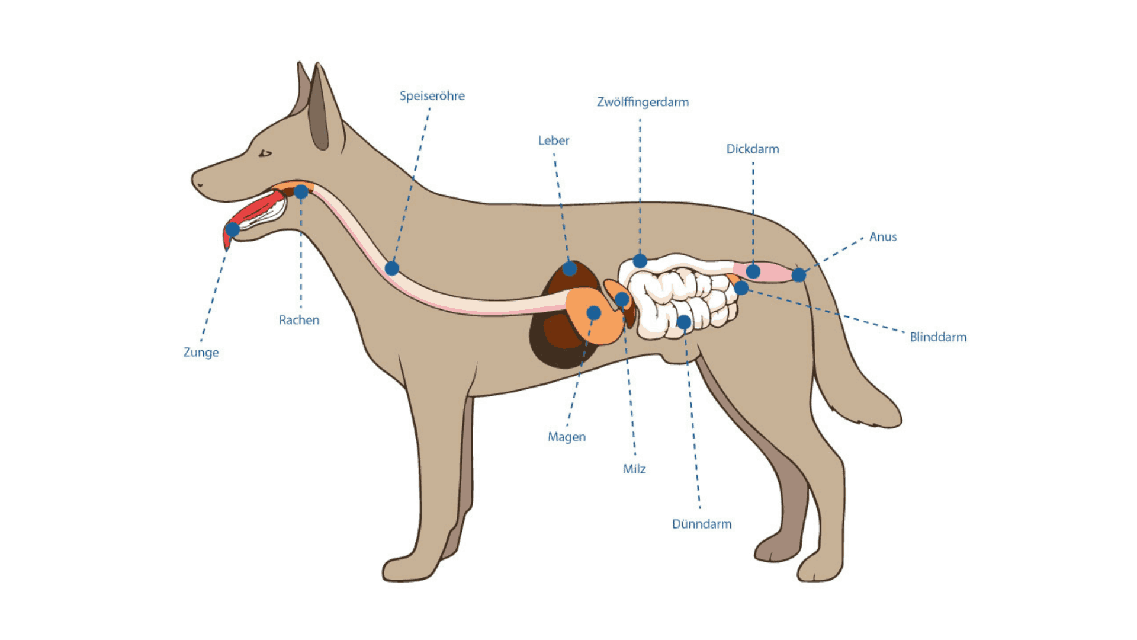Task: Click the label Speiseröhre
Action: (432, 96)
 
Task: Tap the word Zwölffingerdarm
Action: (643, 102)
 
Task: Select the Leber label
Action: (553, 141)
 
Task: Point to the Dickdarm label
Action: (753, 149)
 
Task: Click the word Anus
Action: (882, 237)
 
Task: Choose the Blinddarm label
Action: (938, 337)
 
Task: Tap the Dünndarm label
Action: (702, 524)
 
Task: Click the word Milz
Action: (634, 469)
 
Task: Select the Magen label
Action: (567, 437)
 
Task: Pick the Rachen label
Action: (299, 321)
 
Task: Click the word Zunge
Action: (201, 353)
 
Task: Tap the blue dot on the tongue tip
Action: (233, 229)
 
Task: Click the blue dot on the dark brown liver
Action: (570, 269)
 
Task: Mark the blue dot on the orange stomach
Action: (593, 313)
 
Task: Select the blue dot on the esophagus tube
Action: (391, 268)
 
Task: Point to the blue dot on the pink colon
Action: (753, 272)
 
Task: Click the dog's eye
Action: (265, 153)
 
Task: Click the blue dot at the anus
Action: (798, 275)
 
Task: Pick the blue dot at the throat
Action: (301, 192)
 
